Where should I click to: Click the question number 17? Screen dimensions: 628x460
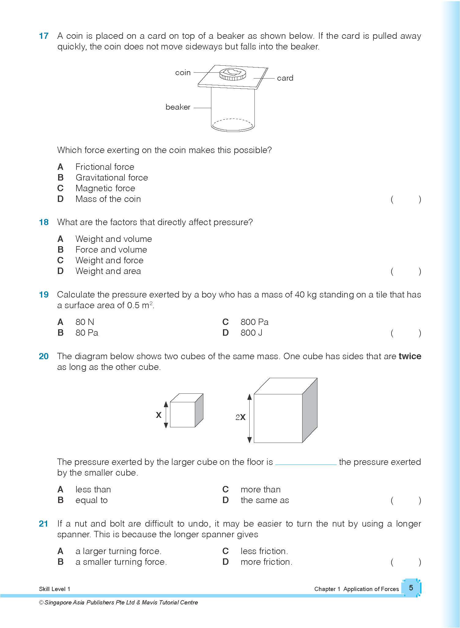point(44,36)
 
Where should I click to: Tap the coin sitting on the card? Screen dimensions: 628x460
point(232,74)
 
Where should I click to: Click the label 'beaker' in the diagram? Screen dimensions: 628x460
point(178,107)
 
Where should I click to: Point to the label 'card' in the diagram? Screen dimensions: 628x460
point(285,78)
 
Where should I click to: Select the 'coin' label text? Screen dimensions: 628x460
point(183,73)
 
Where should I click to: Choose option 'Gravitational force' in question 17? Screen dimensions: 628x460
point(112,177)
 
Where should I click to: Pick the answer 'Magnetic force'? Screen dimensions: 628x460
point(105,188)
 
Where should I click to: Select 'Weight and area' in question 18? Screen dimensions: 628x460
point(108,271)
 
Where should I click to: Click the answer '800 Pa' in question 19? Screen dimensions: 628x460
point(254,322)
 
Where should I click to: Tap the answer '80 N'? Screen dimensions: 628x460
point(85,322)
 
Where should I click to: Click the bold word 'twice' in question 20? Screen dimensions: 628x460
point(410,356)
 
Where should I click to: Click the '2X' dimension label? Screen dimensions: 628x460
point(240,417)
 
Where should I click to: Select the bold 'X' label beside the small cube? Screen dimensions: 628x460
point(158,415)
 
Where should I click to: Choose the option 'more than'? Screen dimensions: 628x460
point(260,489)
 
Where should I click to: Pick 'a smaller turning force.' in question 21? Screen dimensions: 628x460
point(121,562)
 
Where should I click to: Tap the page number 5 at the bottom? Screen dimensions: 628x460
point(411,588)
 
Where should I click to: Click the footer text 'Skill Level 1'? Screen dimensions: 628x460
point(54,589)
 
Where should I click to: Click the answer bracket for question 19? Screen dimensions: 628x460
point(406,333)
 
